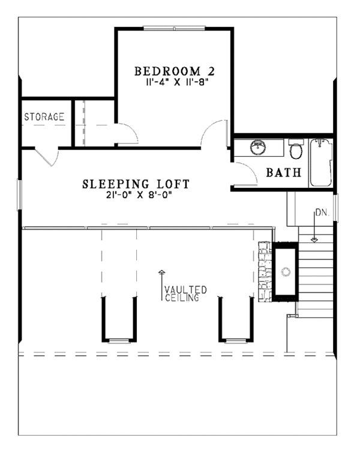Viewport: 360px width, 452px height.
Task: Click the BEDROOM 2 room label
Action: pos(175,71)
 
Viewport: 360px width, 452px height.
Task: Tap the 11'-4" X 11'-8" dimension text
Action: pos(176,82)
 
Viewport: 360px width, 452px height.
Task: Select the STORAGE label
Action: pos(44,116)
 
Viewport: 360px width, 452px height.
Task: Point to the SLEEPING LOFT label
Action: pos(136,184)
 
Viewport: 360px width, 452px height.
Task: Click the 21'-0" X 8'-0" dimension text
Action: pos(139,195)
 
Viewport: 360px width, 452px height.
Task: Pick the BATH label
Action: pos(284,172)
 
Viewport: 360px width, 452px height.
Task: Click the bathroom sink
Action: pos(257,147)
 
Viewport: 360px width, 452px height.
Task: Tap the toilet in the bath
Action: pos(296,149)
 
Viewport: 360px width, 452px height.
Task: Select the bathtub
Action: pos(321,162)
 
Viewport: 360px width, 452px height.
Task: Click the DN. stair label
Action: pos(322,212)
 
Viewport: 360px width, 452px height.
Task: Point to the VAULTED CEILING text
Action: pos(185,294)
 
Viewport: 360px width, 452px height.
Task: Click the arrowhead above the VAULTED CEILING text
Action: pos(162,271)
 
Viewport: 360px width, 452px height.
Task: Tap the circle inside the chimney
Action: pos(286,271)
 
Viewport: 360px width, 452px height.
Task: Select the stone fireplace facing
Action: pos(265,271)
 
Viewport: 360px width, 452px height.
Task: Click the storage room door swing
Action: pos(47,157)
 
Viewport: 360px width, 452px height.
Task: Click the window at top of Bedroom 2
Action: pos(175,28)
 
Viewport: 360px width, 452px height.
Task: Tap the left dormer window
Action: pos(119,341)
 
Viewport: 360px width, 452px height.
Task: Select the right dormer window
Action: pos(236,341)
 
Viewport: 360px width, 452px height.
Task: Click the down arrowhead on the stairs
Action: pos(314,240)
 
